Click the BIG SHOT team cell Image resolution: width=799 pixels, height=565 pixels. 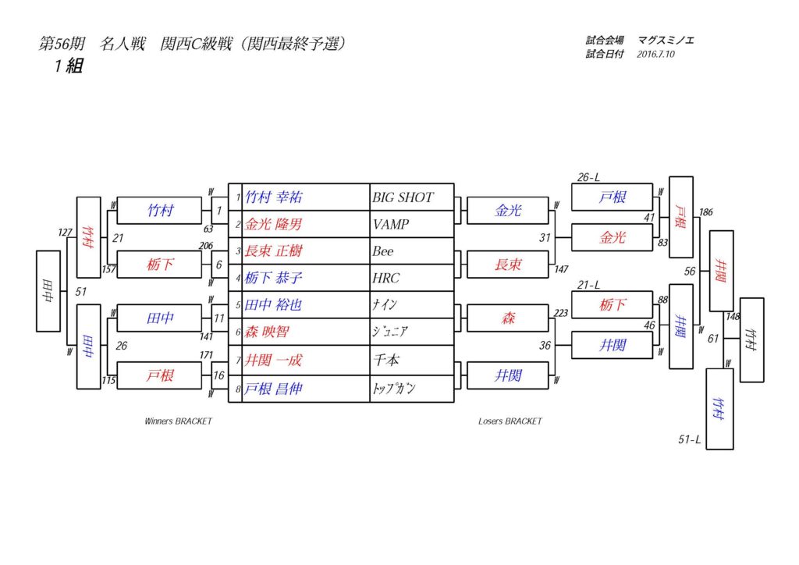point(403,197)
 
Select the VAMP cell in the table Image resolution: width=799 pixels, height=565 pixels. point(391,225)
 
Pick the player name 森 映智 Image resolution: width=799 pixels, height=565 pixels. point(267,332)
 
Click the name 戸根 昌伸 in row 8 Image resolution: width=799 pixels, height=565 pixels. point(273,389)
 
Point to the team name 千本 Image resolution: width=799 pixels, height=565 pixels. point(387,360)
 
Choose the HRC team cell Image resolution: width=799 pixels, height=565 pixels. point(386,278)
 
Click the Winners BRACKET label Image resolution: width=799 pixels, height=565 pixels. point(178,421)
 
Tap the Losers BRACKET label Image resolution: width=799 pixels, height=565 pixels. point(510,421)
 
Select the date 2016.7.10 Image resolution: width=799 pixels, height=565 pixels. point(655,55)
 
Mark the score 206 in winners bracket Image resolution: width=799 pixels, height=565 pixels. point(206,246)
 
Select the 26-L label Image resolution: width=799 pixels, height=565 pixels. point(588,178)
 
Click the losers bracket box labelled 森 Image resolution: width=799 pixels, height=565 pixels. point(509,318)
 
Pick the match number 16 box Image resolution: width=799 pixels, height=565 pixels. point(219,375)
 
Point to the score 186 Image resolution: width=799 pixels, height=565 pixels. point(706,212)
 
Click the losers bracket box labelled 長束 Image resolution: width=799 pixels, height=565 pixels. point(509,265)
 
